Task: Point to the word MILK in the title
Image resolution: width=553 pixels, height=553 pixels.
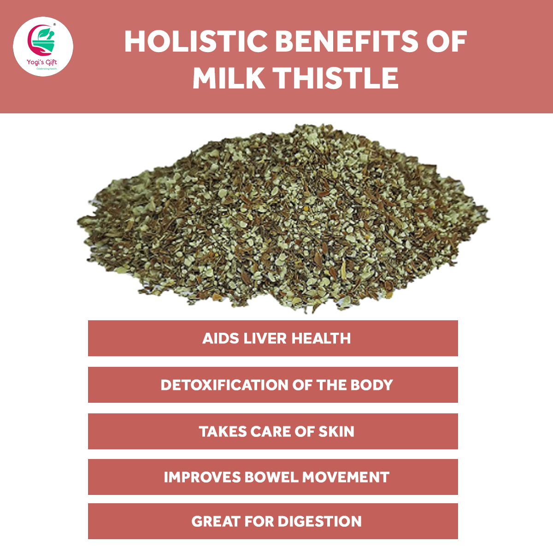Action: click(229, 78)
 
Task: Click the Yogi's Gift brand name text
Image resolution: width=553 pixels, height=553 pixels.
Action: click(41, 62)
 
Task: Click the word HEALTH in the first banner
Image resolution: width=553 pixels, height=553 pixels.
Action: click(321, 338)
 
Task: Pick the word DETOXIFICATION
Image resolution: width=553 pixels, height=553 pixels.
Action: click(224, 385)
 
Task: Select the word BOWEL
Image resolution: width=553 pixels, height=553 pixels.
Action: click(271, 477)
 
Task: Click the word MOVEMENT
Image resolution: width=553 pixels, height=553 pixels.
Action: click(346, 477)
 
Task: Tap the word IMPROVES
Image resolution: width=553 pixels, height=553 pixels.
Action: click(202, 477)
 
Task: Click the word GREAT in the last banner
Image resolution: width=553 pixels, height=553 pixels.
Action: click(216, 521)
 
